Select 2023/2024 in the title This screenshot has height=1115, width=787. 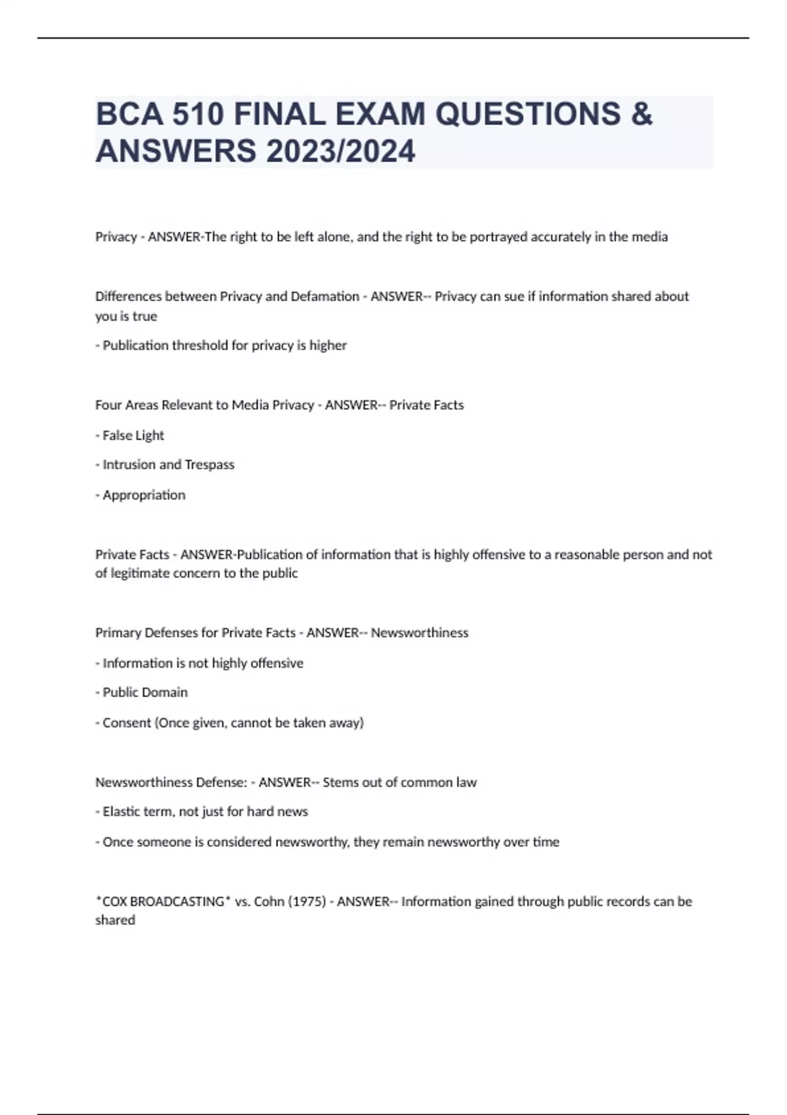pos(340,151)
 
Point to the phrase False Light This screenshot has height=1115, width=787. pos(133,436)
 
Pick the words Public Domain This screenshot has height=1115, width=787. pos(145,693)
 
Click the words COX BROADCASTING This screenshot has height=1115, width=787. pos(163,902)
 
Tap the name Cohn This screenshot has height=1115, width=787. pos(269,902)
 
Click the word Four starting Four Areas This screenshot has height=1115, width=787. pos(108,405)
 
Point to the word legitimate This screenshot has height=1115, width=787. pos(153,573)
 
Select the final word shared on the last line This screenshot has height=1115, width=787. pos(115,920)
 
